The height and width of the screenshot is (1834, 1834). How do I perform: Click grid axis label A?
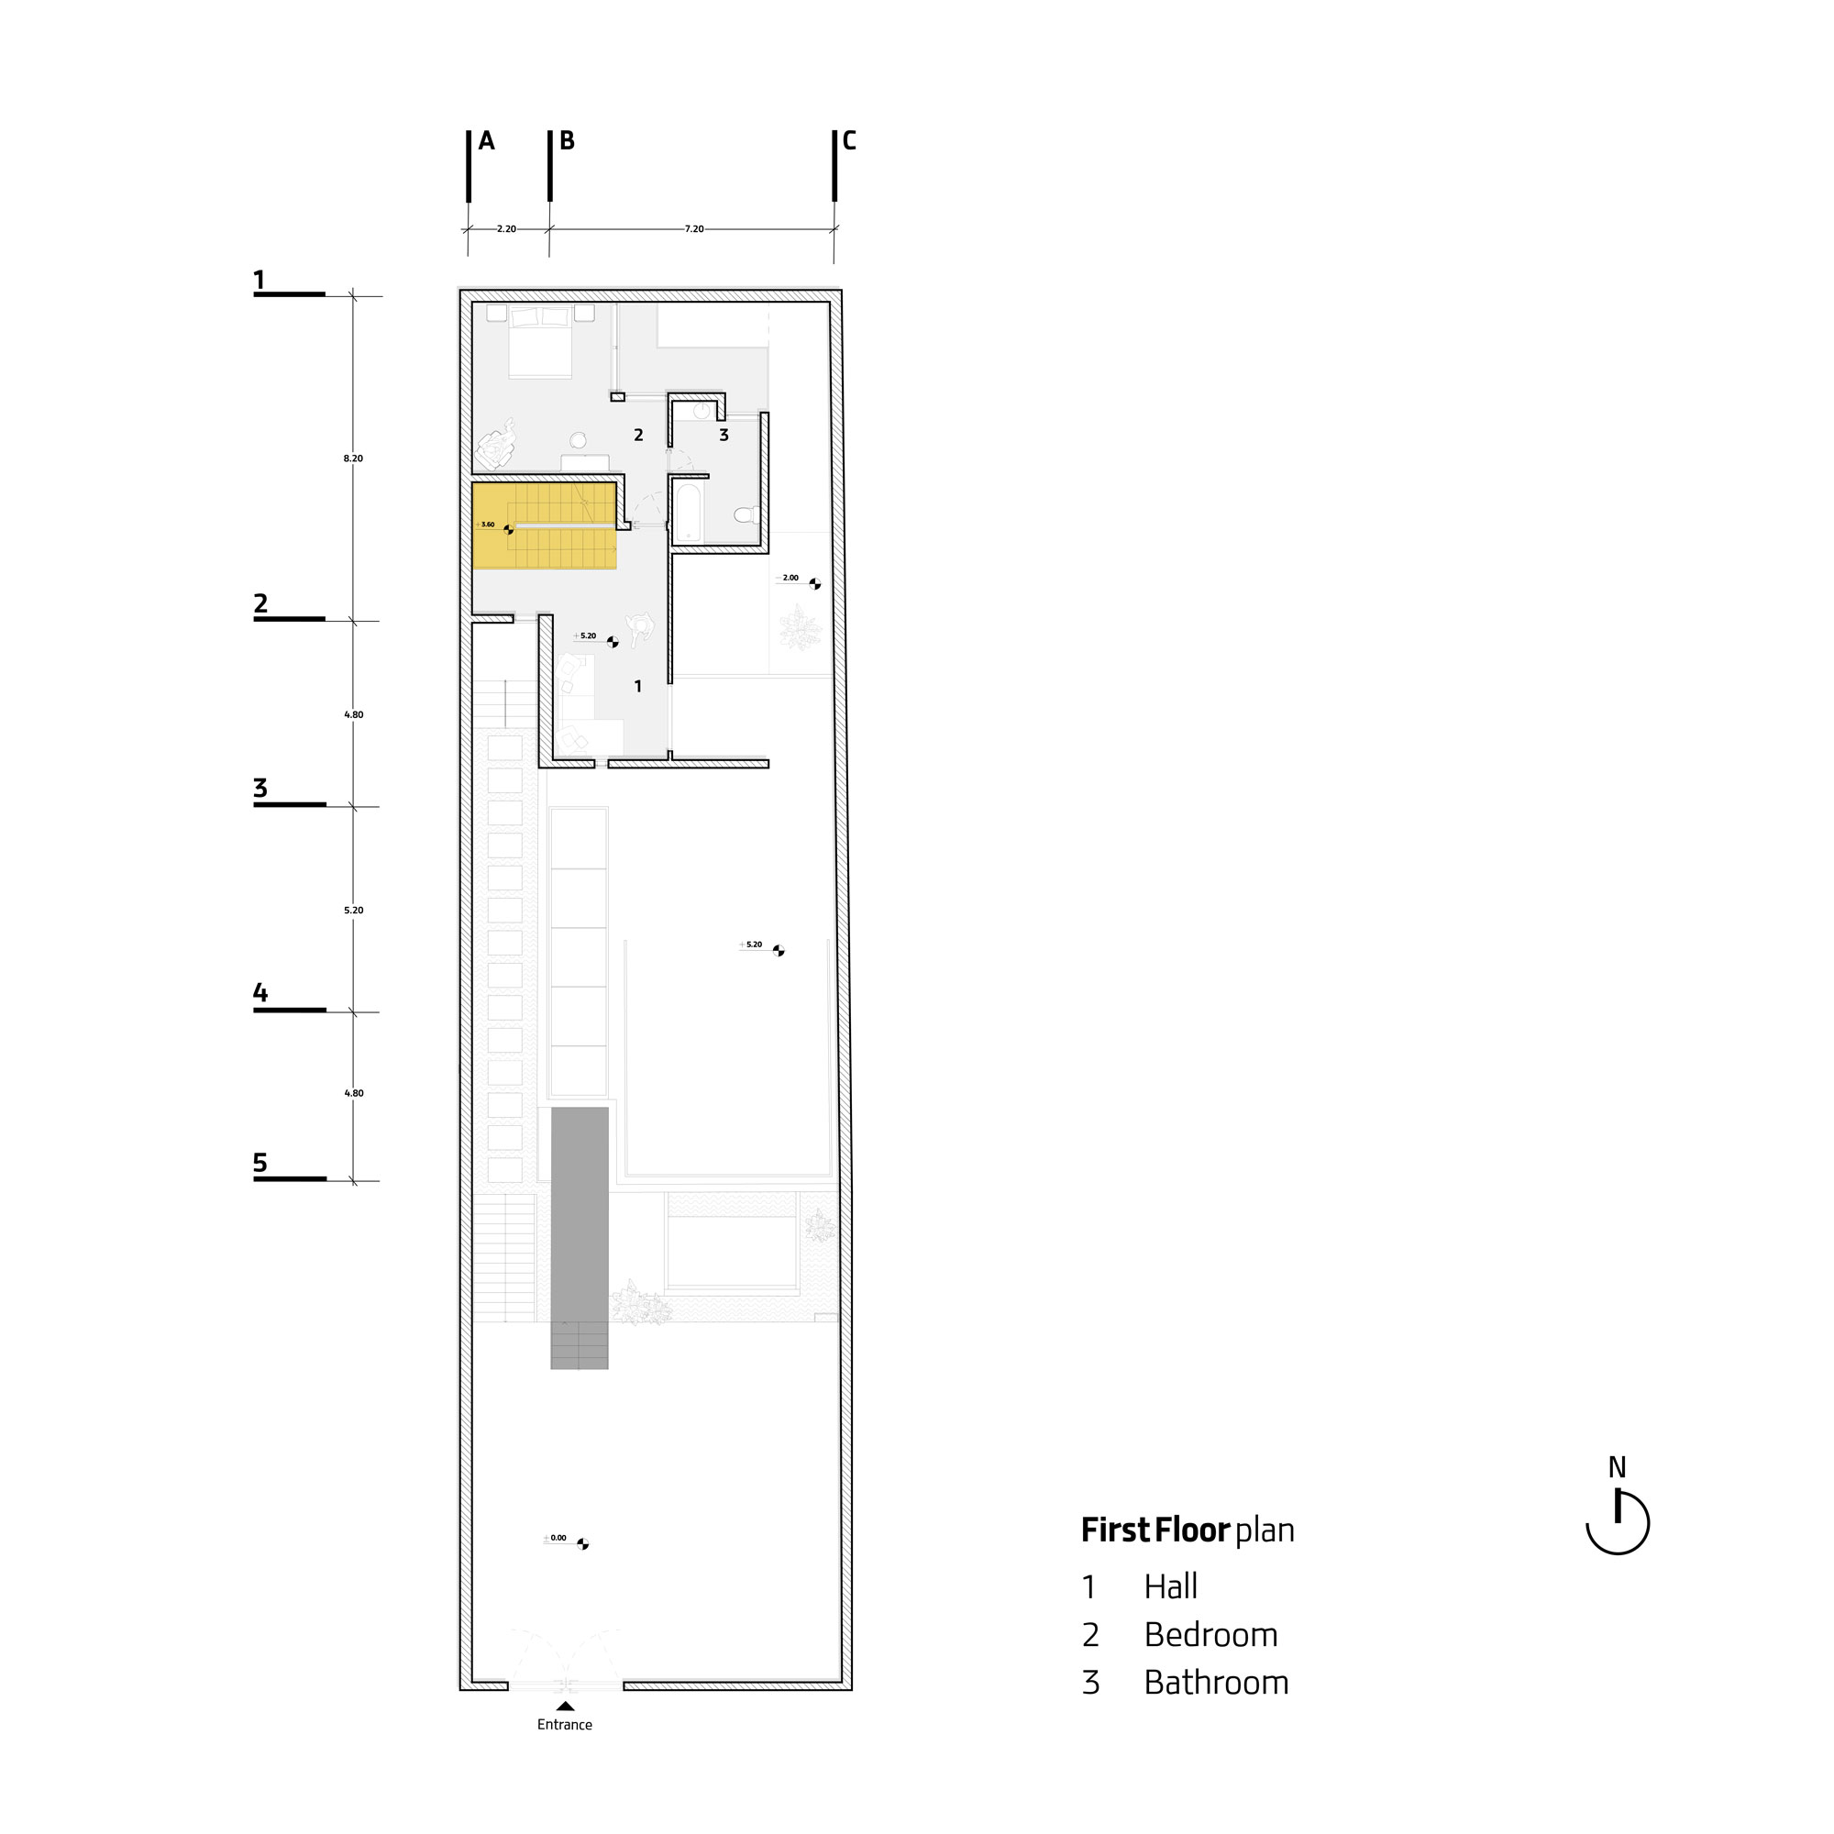(x=486, y=141)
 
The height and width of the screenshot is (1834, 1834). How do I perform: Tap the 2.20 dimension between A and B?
(x=507, y=228)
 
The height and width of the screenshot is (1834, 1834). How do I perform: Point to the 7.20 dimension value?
(x=695, y=228)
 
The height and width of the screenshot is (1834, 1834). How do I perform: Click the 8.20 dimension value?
(x=353, y=458)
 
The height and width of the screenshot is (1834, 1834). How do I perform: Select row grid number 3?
(x=260, y=788)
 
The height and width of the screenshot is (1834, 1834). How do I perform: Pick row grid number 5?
(x=260, y=1163)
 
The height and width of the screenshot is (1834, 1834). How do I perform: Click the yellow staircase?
(x=545, y=525)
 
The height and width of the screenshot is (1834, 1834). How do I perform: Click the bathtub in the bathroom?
(x=689, y=513)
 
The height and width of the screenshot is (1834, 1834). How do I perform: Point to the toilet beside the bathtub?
(x=747, y=514)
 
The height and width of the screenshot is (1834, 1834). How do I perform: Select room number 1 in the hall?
(x=638, y=686)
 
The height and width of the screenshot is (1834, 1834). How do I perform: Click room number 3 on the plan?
(x=724, y=436)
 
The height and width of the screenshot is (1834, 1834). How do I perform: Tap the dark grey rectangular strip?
(x=579, y=1238)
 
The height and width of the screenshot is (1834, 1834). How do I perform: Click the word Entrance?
(x=565, y=1725)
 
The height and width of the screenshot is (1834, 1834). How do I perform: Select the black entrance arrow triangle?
(x=565, y=1706)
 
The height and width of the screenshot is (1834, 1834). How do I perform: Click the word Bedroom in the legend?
(x=1210, y=1635)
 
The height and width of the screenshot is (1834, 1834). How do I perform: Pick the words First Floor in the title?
(x=1155, y=1530)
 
